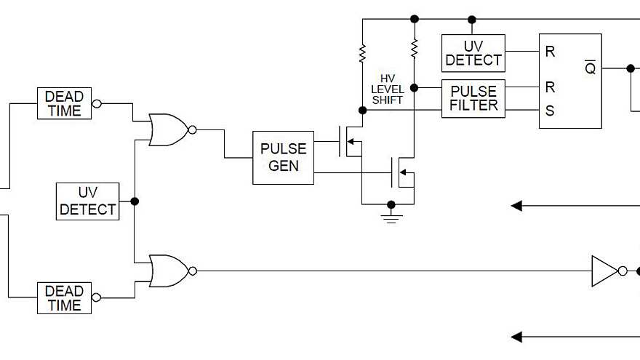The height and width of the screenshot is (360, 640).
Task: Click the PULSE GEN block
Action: pyautogui.click(x=283, y=157)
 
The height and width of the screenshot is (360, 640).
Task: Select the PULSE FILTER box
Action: pyautogui.click(x=473, y=98)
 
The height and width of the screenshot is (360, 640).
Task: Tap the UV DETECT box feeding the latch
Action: pyautogui.click(x=473, y=52)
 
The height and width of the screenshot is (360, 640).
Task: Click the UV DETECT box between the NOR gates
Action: pyautogui.click(x=87, y=201)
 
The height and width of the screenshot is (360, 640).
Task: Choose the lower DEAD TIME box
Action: pyautogui.click(x=64, y=298)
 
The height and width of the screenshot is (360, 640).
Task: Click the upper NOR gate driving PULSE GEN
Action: pyautogui.click(x=167, y=129)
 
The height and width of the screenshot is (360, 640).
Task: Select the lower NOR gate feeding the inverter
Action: pyautogui.click(x=167, y=271)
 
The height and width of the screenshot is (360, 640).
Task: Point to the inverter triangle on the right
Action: pyautogui.click(x=604, y=271)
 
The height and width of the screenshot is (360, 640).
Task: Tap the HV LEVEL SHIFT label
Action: pyautogui.click(x=387, y=89)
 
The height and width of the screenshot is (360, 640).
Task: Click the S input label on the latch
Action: pyautogui.click(x=550, y=111)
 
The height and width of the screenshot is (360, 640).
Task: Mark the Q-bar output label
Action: pyautogui.click(x=591, y=68)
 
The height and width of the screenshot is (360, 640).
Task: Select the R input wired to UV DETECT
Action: pyautogui.click(x=550, y=52)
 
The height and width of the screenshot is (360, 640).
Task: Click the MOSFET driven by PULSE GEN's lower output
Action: pyautogui.click(x=402, y=173)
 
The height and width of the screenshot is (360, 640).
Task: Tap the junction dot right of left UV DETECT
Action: pyautogui.click(x=135, y=201)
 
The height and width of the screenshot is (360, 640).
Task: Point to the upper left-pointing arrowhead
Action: pyautogui.click(x=517, y=206)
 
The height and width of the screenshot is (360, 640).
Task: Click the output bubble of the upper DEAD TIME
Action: pyautogui.click(x=96, y=104)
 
